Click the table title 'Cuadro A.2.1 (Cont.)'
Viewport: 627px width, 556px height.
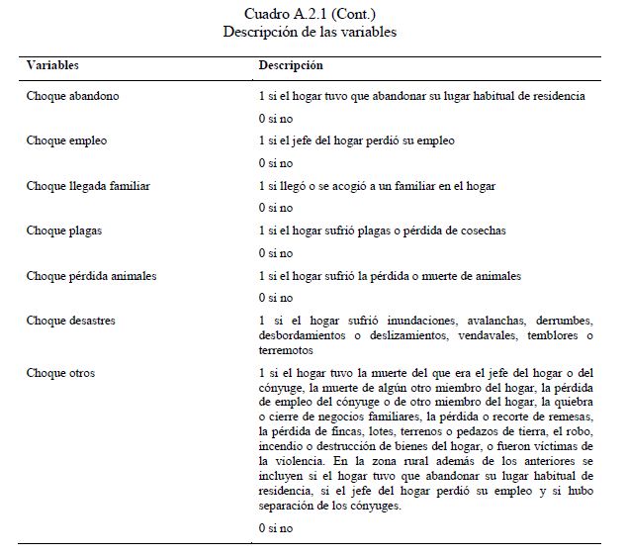(x=310, y=14)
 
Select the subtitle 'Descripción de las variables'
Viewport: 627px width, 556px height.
(x=310, y=32)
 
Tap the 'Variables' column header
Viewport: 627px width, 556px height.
(x=52, y=65)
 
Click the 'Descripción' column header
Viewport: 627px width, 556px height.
(x=291, y=65)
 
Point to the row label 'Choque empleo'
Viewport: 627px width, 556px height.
(x=67, y=140)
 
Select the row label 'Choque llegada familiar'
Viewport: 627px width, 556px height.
(x=88, y=185)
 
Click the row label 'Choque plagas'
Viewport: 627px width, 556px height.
(x=64, y=231)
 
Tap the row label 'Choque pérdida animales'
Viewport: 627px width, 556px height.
(x=91, y=276)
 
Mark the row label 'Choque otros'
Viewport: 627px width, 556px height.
(x=60, y=373)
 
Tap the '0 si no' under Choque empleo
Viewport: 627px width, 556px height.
(x=275, y=163)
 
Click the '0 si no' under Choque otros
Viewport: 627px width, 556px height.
(x=275, y=528)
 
